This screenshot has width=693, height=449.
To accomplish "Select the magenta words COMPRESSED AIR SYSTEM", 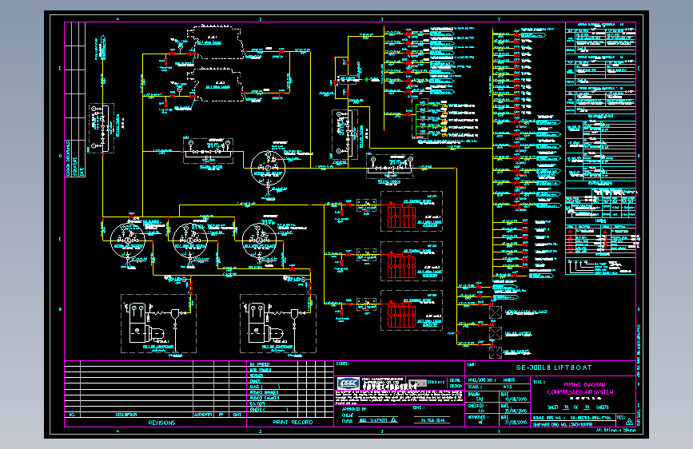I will click(x=579, y=392).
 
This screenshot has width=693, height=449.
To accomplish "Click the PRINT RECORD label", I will click(x=293, y=422).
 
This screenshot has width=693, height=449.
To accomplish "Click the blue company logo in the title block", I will click(x=348, y=383).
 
